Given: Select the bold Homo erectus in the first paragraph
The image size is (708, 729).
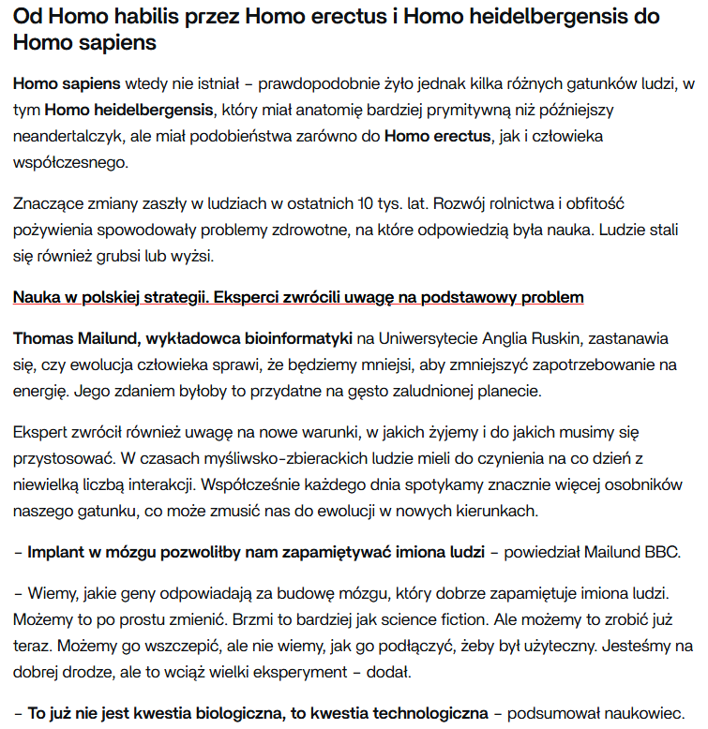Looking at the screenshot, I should [437, 136].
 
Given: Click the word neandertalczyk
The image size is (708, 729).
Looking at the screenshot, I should [70, 136].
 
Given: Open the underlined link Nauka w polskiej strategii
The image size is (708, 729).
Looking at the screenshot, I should [110, 297].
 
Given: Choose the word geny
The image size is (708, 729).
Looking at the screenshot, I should [137, 593].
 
